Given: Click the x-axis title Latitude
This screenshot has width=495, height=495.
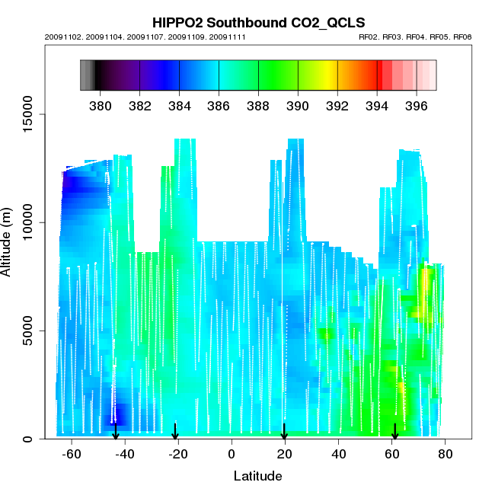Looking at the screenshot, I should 257,476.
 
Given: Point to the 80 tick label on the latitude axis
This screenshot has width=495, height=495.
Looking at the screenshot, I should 445,455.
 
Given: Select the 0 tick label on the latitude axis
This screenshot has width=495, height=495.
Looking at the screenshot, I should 232,455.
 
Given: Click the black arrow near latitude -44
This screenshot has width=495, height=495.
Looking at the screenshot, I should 116,433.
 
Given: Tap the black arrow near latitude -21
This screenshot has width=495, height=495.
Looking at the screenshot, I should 175,433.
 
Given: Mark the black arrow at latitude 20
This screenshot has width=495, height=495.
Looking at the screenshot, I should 284,433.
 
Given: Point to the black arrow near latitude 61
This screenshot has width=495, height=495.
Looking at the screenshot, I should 394,433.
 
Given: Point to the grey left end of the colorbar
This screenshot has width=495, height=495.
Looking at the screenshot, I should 86,75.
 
